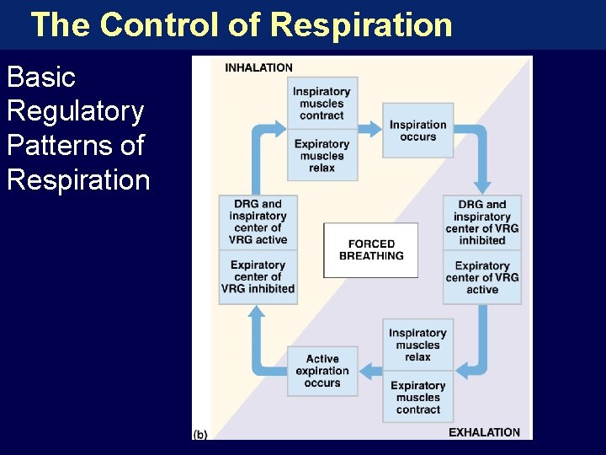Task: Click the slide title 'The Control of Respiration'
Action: (x=242, y=24)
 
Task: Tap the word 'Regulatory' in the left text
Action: (x=75, y=111)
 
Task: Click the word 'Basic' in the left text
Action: (x=41, y=78)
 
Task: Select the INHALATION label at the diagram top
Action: (x=258, y=67)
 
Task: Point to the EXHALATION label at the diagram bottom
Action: (x=484, y=432)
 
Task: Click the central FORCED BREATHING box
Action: (x=370, y=250)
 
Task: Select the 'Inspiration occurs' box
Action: (x=418, y=131)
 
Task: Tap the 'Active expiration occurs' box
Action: (x=322, y=371)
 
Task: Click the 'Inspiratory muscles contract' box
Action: (x=322, y=104)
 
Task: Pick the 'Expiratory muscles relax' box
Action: (x=322, y=155)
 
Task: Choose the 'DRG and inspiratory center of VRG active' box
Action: (x=258, y=222)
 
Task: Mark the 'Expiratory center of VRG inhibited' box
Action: (x=258, y=277)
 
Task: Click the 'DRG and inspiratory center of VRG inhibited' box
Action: (x=482, y=222)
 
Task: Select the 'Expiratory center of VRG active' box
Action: (x=482, y=277)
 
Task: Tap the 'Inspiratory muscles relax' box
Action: (x=418, y=345)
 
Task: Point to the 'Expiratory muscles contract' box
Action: (x=418, y=397)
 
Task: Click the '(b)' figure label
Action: (x=200, y=434)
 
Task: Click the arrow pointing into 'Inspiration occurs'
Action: (x=370, y=129)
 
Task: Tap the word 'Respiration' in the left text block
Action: (x=78, y=179)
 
